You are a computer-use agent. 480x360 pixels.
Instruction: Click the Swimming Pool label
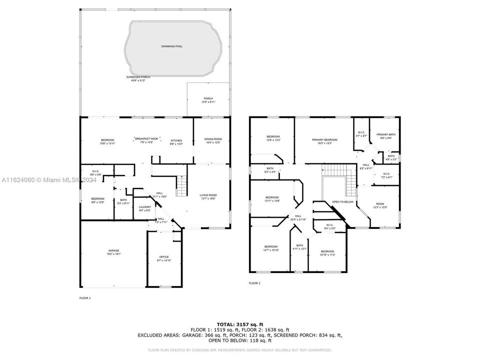click(171, 46)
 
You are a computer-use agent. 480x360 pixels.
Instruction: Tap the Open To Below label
click(343, 202)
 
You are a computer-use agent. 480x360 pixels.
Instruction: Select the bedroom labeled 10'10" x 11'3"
click(327, 252)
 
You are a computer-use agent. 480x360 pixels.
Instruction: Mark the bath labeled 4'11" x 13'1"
click(299, 246)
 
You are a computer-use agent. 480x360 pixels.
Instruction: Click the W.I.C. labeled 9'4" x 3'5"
click(329, 226)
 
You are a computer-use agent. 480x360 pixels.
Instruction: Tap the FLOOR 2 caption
click(254, 283)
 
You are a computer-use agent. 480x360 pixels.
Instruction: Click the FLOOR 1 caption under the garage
click(85, 297)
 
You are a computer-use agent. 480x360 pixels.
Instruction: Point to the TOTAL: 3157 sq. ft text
click(240, 324)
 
